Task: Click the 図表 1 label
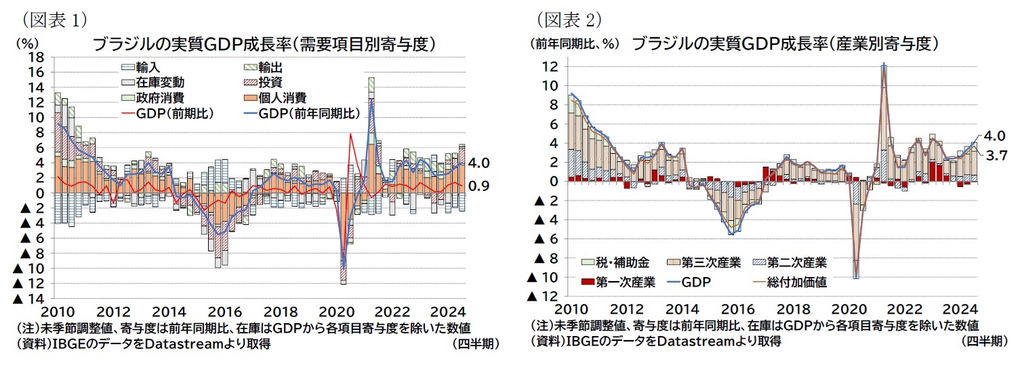tap(55, 18)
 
